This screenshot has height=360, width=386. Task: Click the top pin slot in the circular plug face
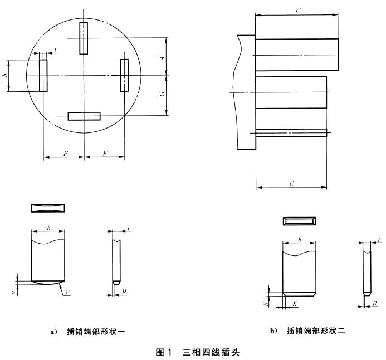[x=84, y=38]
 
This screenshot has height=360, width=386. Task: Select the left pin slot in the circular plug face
[x=43, y=75]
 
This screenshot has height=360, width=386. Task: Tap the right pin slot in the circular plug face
[x=124, y=74]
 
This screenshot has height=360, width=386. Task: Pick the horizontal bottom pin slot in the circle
[x=84, y=116]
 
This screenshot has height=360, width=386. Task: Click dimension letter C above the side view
[x=299, y=10]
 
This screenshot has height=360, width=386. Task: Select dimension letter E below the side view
[x=292, y=182]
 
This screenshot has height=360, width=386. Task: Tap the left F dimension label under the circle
[x=65, y=152]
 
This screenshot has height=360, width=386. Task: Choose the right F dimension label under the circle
[x=104, y=152]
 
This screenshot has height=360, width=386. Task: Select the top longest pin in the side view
[x=297, y=55]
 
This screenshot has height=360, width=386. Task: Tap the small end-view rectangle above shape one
[x=48, y=208]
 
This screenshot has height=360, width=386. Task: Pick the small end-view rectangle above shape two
[x=299, y=221]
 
